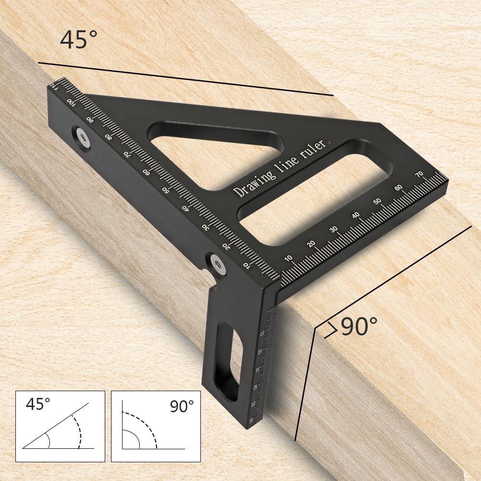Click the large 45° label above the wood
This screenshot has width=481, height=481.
point(74,39)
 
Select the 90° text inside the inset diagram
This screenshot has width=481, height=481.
point(182,407)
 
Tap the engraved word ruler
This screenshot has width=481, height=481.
point(315,150)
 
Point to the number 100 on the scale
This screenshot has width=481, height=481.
point(71,102)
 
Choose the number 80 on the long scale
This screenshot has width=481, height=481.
point(109,136)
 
